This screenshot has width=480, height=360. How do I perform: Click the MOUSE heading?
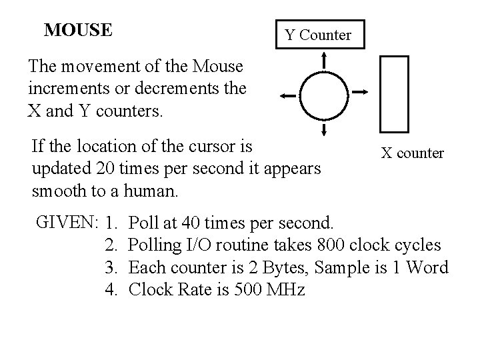click(78, 31)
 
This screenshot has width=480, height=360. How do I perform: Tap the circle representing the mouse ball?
click(323, 95)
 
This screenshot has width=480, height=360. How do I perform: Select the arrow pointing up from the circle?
click(323, 61)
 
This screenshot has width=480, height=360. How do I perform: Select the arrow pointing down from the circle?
click(323, 128)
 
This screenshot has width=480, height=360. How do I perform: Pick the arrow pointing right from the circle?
click(359, 91)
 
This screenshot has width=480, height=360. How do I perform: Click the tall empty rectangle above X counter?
click(393, 93)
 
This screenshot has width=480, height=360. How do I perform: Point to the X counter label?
click(412, 153)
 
